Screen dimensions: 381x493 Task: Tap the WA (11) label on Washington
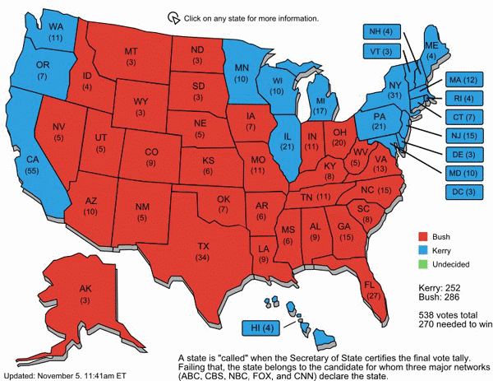pyautogui.click(x=34, y=31)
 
